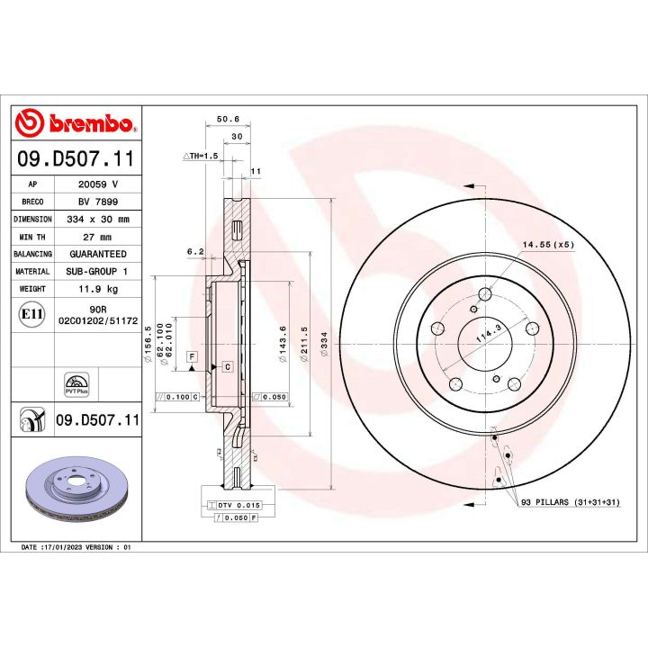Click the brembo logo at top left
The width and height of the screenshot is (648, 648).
click(x=76, y=123)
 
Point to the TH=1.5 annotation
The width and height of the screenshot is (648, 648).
click(x=202, y=156)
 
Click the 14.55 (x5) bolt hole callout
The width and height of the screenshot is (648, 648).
click(x=547, y=244)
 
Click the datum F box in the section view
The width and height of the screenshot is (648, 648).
click(x=192, y=357)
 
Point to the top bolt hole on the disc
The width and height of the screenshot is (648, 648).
click(x=486, y=293)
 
